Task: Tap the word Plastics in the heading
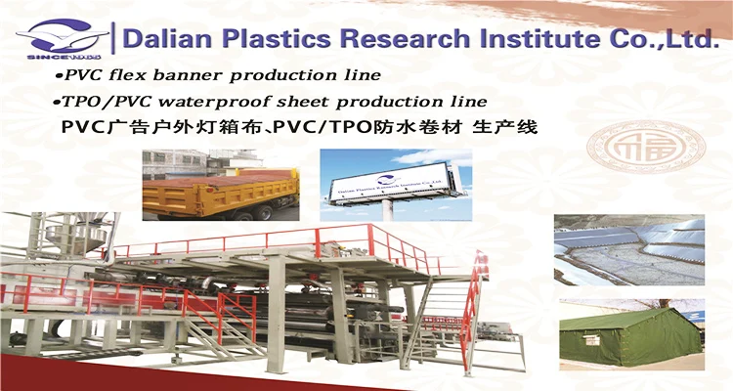tap(263, 38)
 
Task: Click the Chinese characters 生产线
tap(505, 128)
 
